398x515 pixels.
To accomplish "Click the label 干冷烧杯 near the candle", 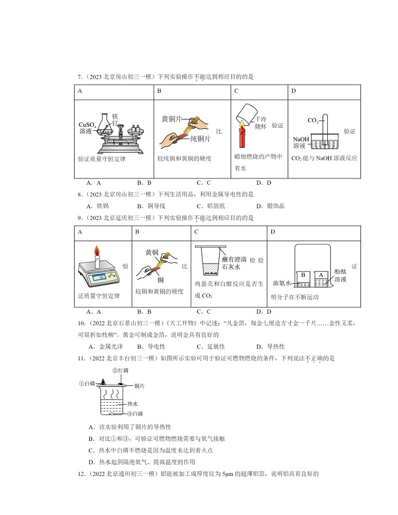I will click(261, 123).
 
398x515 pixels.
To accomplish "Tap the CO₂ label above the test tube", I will click(313, 121).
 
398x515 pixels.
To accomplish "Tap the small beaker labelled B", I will click(303, 277).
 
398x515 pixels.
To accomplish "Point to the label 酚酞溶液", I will click(341, 275).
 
